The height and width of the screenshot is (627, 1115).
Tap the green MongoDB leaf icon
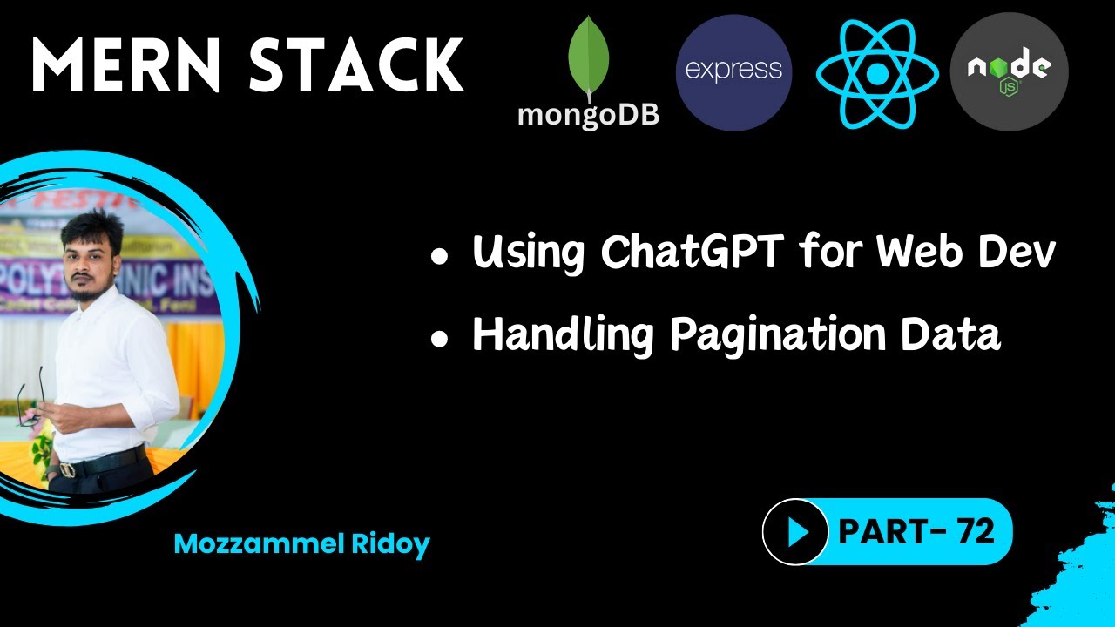(588, 57)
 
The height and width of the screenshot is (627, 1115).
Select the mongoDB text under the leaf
(588, 114)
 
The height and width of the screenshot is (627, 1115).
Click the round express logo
(733, 71)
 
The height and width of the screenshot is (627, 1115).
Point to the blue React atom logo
(877, 73)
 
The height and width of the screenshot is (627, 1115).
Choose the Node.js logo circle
(1009, 71)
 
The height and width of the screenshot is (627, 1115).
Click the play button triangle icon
(796, 531)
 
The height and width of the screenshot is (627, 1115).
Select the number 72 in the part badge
(974, 530)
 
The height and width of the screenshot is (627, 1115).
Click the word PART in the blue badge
(877, 531)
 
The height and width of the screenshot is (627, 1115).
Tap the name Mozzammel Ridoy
(302, 544)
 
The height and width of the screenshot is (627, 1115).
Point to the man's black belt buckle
(67, 469)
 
